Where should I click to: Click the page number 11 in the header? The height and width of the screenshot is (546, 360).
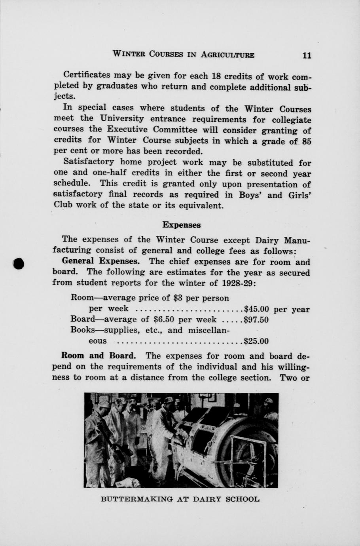(307, 55)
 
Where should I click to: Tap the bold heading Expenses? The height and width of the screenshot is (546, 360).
(182, 225)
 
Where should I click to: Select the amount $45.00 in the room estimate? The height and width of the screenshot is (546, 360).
(257, 309)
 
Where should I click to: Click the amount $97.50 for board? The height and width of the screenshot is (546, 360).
(257, 320)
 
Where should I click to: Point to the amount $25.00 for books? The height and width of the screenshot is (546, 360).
(257, 341)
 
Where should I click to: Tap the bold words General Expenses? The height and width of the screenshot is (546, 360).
(101, 261)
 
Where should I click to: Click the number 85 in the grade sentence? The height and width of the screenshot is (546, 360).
(306, 141)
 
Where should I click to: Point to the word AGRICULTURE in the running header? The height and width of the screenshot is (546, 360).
(227, 55)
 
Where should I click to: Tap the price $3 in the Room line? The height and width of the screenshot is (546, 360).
(178, 298)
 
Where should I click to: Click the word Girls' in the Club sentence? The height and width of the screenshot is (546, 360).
(299, 195)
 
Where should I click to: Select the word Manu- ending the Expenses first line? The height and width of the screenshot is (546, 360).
(297, 240)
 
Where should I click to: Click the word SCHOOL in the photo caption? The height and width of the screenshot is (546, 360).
(242, 499)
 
